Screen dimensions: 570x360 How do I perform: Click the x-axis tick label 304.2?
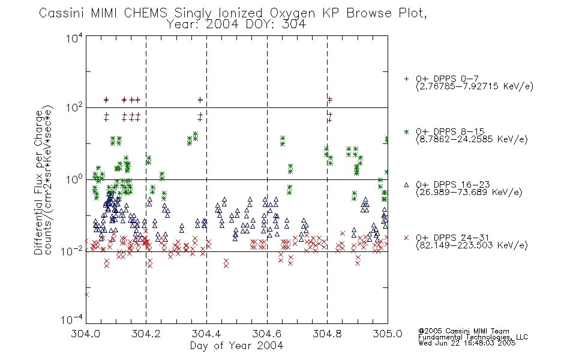[x=146, y=334]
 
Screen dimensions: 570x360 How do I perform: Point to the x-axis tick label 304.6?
[x=267, y=334]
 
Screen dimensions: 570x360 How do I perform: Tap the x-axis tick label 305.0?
[x=388, y=334]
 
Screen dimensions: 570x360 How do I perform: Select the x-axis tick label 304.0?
[x=85, y=334]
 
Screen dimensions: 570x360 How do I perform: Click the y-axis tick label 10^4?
[x=74, y=38]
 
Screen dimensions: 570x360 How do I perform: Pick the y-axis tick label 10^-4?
[x=71, y=319]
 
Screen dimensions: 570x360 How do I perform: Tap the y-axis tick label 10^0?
[x=74, y=179]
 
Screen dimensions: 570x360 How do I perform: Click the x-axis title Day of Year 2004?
[x=236, y=346]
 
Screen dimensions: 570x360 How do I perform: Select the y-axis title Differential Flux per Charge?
[x=38, y=182]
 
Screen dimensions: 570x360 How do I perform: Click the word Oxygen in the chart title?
[x=292, y=13]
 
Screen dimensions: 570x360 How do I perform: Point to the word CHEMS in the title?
[x=145, y=13]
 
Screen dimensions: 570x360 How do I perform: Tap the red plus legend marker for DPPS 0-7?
[x=406, y=79]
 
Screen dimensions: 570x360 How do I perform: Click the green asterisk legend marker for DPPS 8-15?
[x=406, y=131]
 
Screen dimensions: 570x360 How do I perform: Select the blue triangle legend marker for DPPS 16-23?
[x=406, y=185]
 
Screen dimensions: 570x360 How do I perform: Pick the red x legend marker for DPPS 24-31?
[x=406, y=238]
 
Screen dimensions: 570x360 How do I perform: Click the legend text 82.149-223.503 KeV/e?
[x=472, y=245]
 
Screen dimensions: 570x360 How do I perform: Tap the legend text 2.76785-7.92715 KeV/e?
[x=475, y=86]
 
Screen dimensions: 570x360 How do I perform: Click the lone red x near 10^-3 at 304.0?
[x=86, y=295]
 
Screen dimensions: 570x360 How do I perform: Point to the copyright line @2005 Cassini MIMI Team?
[x=464, y=331]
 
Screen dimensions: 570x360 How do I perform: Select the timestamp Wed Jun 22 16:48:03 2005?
[x=467, y=343]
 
